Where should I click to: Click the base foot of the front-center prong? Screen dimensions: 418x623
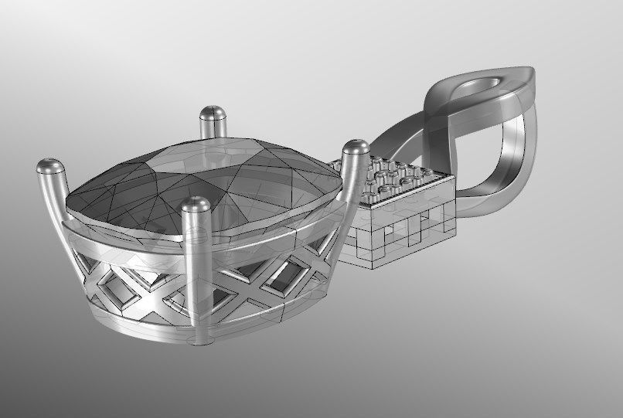[x=202, y=337]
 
